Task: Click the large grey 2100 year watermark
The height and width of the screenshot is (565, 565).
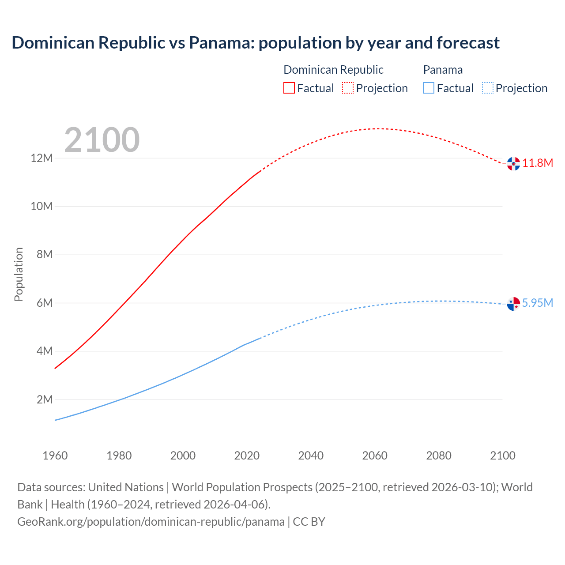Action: [102, 140]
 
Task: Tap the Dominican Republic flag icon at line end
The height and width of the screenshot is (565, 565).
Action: [513, 163]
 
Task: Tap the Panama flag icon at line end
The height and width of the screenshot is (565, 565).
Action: [513, 304]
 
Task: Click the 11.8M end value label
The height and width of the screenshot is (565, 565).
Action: [538, 163]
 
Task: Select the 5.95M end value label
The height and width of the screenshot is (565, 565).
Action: [537, 303]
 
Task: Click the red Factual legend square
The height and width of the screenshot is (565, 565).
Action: [289, 88]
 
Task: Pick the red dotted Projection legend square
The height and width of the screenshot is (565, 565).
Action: [348, 88]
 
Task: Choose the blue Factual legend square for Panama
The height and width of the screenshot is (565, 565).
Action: [429, 88]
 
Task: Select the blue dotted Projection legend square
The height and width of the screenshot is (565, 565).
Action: [488, 88]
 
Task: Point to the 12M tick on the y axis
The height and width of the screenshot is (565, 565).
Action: [41, 158]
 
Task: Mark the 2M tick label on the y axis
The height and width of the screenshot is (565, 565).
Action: [44, 399]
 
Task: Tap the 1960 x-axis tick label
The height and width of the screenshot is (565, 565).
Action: [55, 456]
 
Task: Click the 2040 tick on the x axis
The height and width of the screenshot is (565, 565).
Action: [311, 456]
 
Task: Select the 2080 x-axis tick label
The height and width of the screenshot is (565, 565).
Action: [439, 456]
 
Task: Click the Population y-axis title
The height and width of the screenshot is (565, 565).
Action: [19, 274]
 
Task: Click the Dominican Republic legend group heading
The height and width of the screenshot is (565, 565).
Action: [333, 70]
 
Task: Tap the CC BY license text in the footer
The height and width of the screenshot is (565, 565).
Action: [309, 521]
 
